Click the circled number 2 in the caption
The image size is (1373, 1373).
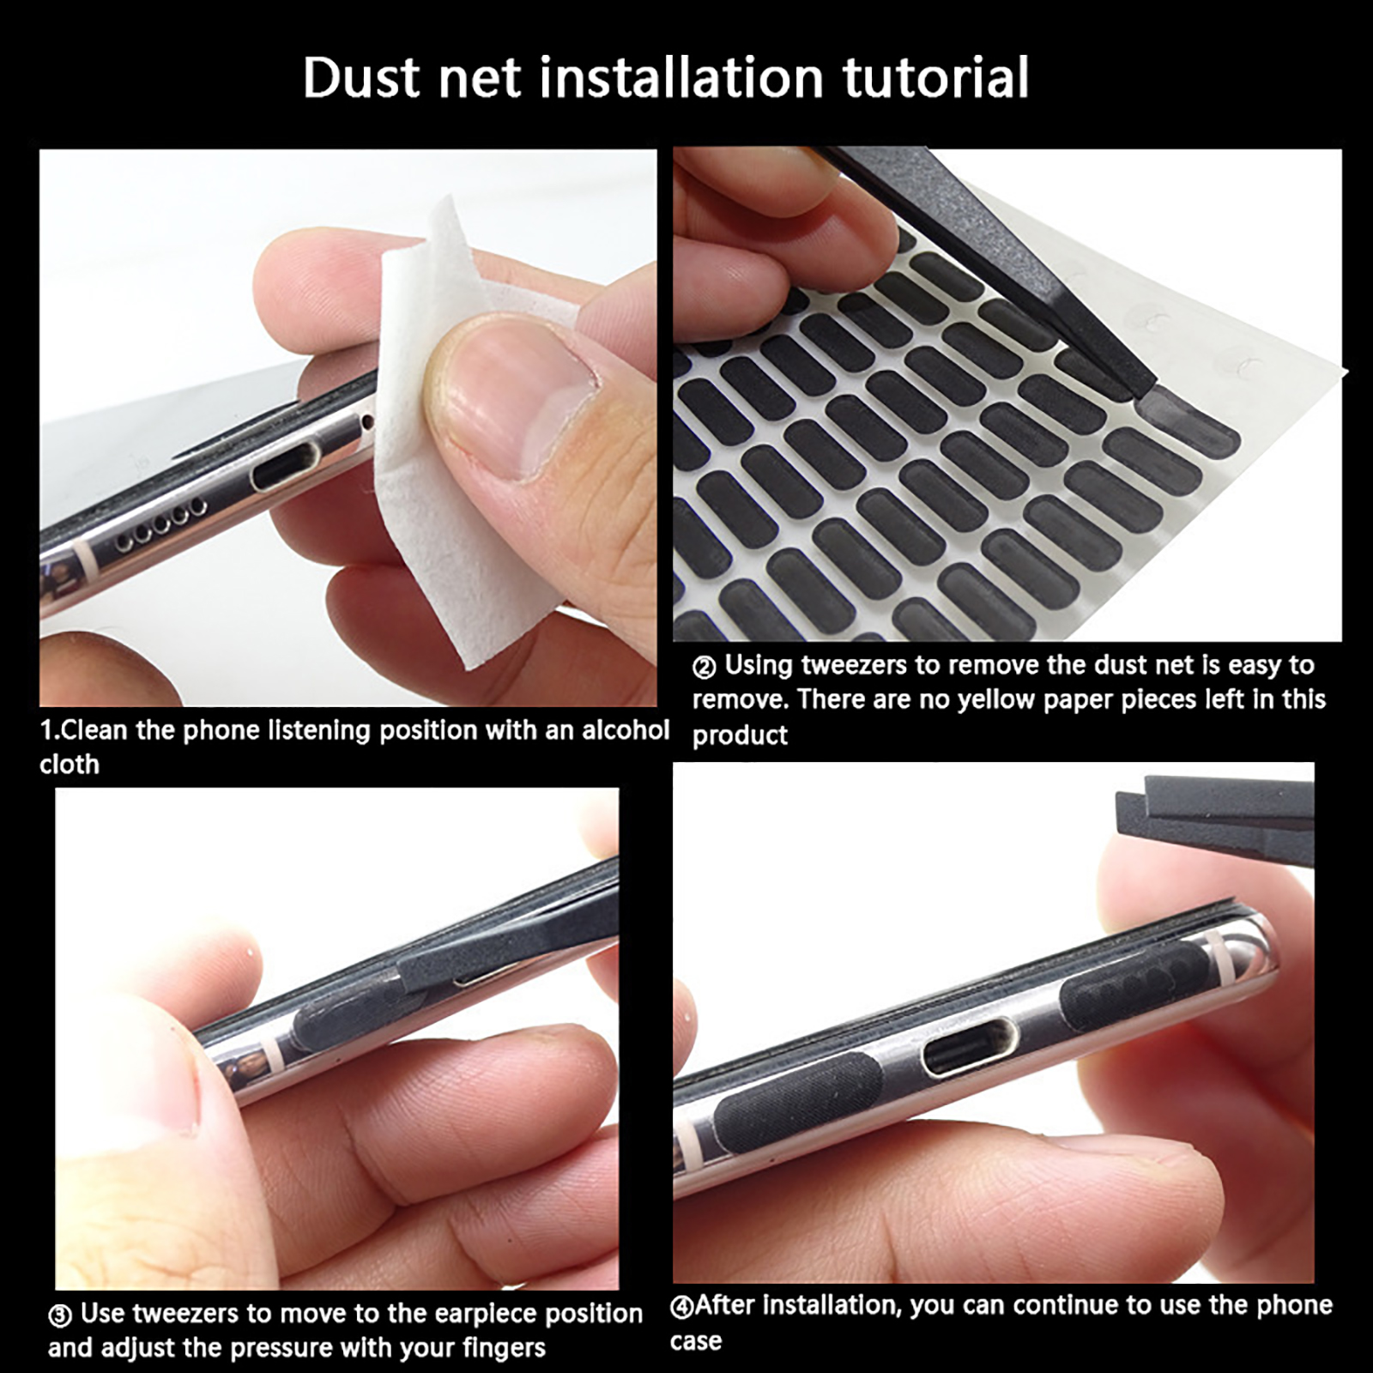point(704,667)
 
